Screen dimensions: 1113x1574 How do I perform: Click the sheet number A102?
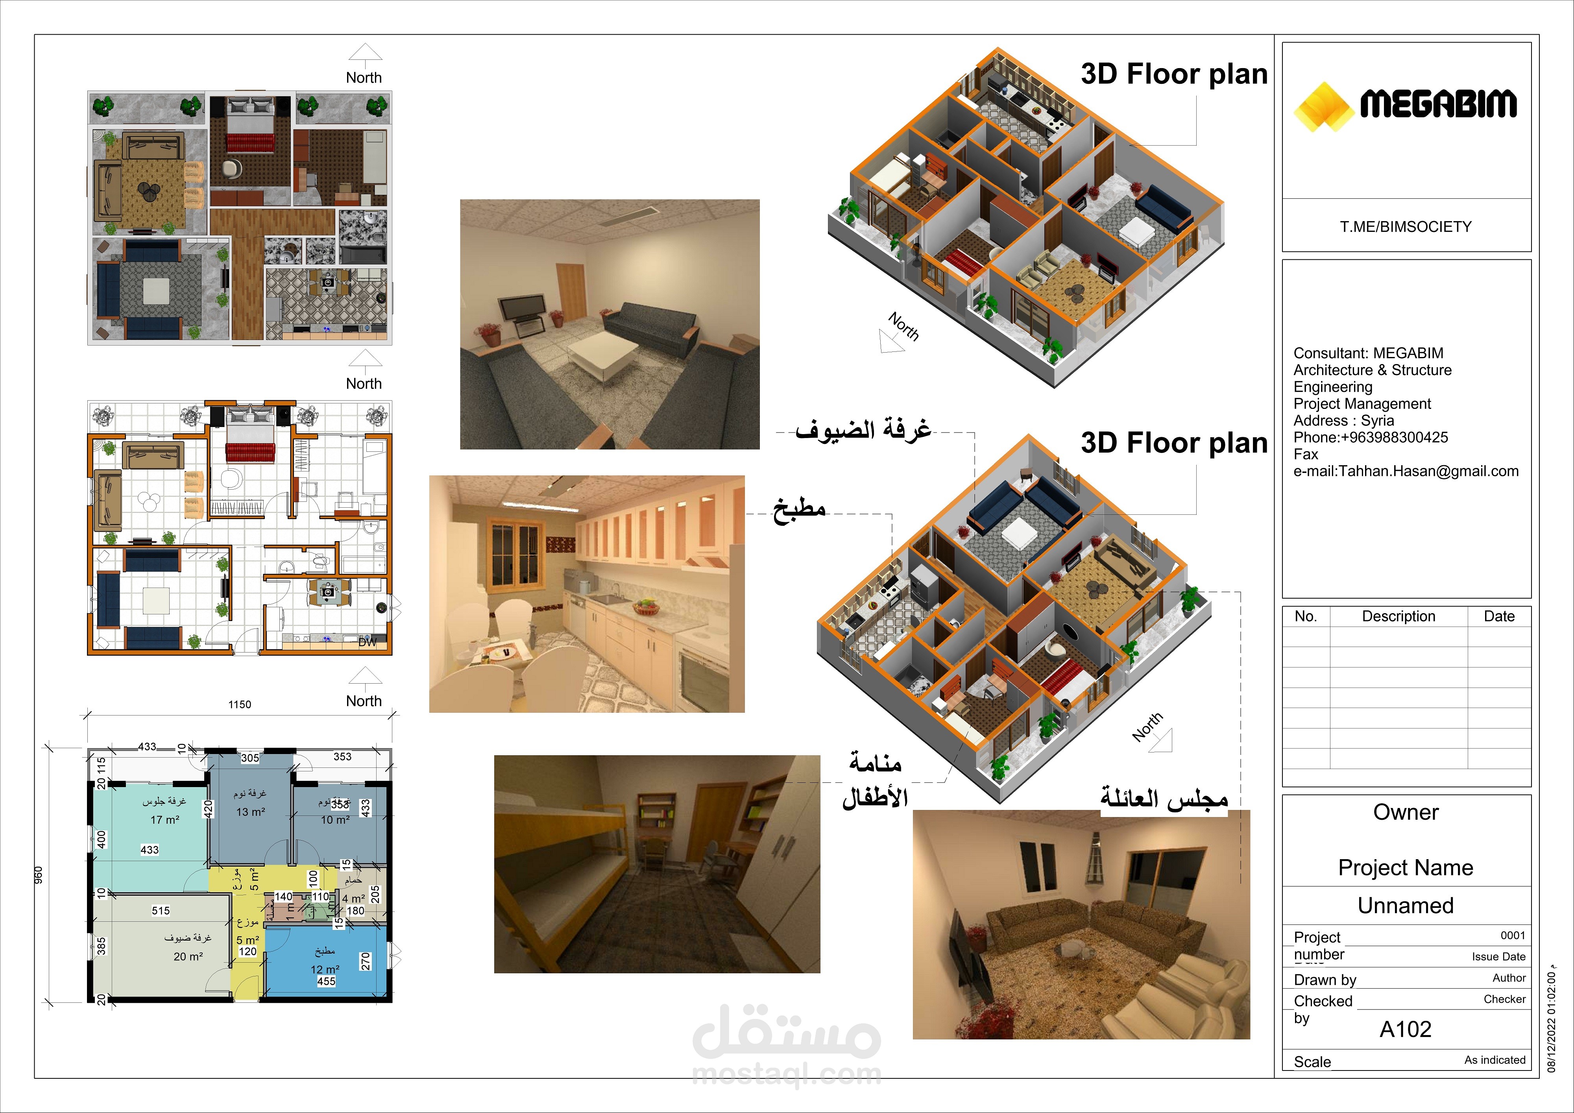(x=1405, y=1029)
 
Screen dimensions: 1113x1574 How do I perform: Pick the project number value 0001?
(x=1512, y=936)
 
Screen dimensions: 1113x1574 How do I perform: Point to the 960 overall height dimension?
(x=39, y=874)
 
